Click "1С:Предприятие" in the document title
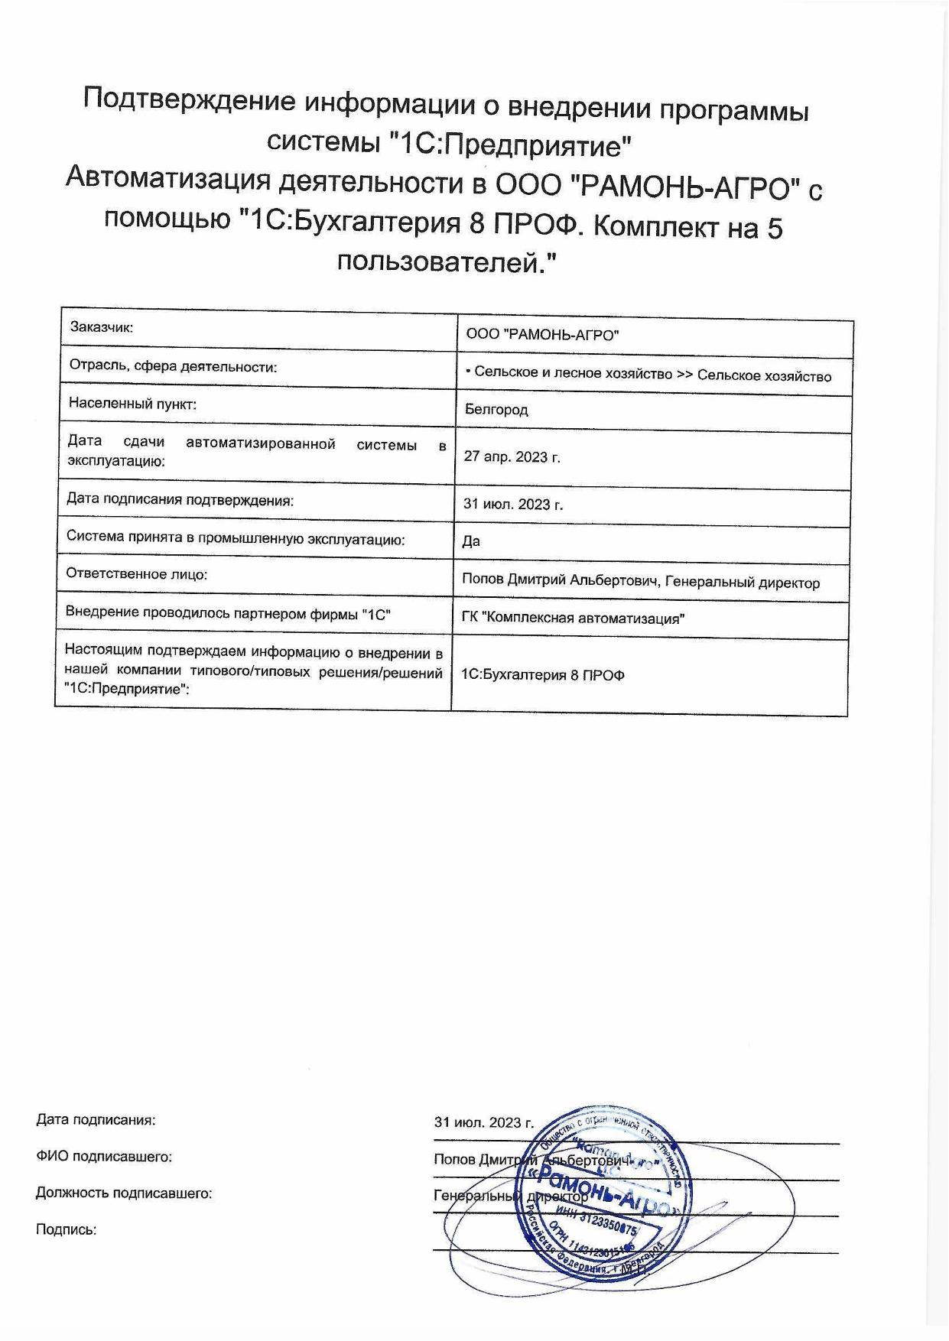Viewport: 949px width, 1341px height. [x=511, y=142]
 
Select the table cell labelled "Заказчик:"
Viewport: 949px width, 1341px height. [x=102, y=327]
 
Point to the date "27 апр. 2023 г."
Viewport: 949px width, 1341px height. [x=512, y=457]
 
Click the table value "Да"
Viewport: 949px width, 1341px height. [x=471, y=542]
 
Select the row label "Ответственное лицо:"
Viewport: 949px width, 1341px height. [x=137, y=573]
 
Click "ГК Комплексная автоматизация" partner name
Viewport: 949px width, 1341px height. [x=573, y=619]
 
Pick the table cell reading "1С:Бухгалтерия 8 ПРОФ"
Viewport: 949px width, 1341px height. [x=543, y=675]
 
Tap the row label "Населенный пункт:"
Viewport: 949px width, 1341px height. [x=132, y=404]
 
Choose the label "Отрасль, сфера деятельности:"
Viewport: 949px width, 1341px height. [x=173, y=366]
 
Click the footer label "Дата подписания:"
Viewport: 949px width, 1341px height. [x=96, y=1120]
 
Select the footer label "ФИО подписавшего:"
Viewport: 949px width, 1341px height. [x=104, y=1157]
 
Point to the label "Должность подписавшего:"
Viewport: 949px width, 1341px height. [x=124, y=1193]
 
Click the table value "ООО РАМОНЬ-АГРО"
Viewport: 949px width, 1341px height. [x=542, y=334]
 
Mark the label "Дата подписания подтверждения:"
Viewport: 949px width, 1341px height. [x=180, y=500]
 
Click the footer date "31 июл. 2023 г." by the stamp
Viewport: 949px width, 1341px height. [x=483, y=1122]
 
